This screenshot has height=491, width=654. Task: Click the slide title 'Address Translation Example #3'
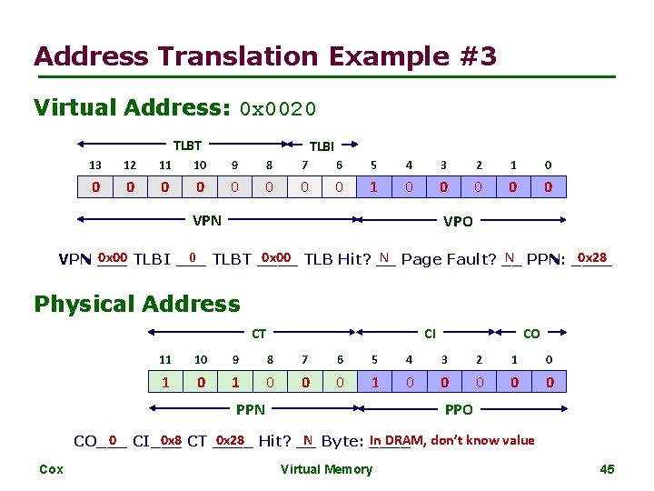pyautogui.click(x=265, y=56)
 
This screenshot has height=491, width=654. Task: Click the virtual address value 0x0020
pyautogui.click(x=277, y=110)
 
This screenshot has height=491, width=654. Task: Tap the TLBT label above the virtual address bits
pyautogui.click(x=188, y=145)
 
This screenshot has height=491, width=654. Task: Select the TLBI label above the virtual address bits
pyautogui.click(x=322, y=145)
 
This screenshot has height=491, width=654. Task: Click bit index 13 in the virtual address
pyautogui.click(x=94, y=165)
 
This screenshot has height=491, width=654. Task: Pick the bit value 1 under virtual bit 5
pyautogui.click(x=374, y=188)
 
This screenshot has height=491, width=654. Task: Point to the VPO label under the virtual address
pyautogui.click(x=457, y=221)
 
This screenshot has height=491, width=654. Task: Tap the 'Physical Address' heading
pyautogui.click(x=137, y=304)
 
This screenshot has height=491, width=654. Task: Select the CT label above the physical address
pyautogui.click(x=259, y=334)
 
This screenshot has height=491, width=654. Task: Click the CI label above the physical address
pyautogui.click(x=431, y=334)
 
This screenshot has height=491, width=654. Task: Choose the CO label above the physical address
pyautogui.click(x=531, y=334)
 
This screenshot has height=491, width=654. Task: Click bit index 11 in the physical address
pyautogui.click(x=165, y=359)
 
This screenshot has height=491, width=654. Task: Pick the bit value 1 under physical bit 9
pyautogui.click(x=235, y=383)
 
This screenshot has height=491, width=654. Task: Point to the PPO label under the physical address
pyautogui.click(x=459, y=410)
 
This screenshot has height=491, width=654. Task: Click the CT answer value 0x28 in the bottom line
pyautogui.click(x=230, y=440)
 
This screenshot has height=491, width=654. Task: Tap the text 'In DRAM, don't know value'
pyautogui.click(x=451, y=440)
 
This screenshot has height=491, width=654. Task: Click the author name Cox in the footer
pyautogui.click(x=51, y=469)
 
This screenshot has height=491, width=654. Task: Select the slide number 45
pyautogui.click(x=608, y=469)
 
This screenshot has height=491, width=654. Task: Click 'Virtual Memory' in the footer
pyautogui.click(x=326, y=469)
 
